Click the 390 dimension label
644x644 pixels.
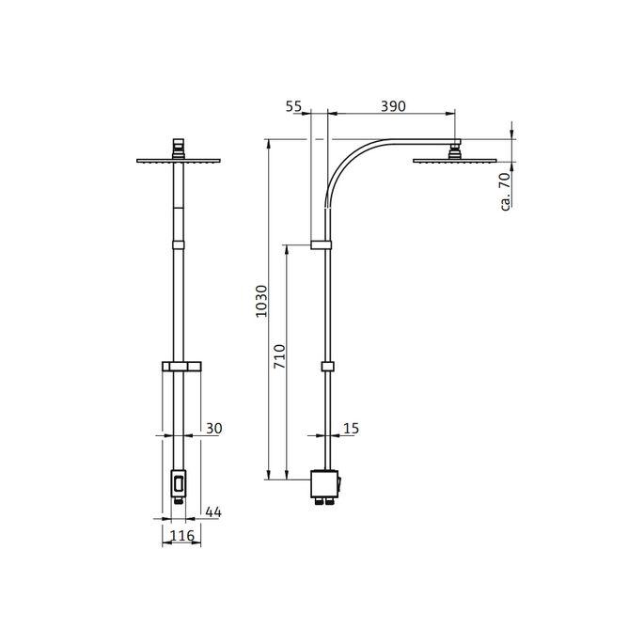coord(393,106)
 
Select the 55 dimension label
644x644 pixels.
coord(295,106)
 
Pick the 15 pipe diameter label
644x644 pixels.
coord(352,429)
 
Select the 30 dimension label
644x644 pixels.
coord(213,429)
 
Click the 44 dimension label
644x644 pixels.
coord(213,511)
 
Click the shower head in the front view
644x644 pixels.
coord(177,160)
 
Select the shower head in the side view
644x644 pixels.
coord(455,159)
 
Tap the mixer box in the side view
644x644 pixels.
coord(325,485)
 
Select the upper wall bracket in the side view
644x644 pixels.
coord(322,245)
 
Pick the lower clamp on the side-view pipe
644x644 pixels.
coord(327,367)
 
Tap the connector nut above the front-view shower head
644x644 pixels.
coord(177,147)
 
